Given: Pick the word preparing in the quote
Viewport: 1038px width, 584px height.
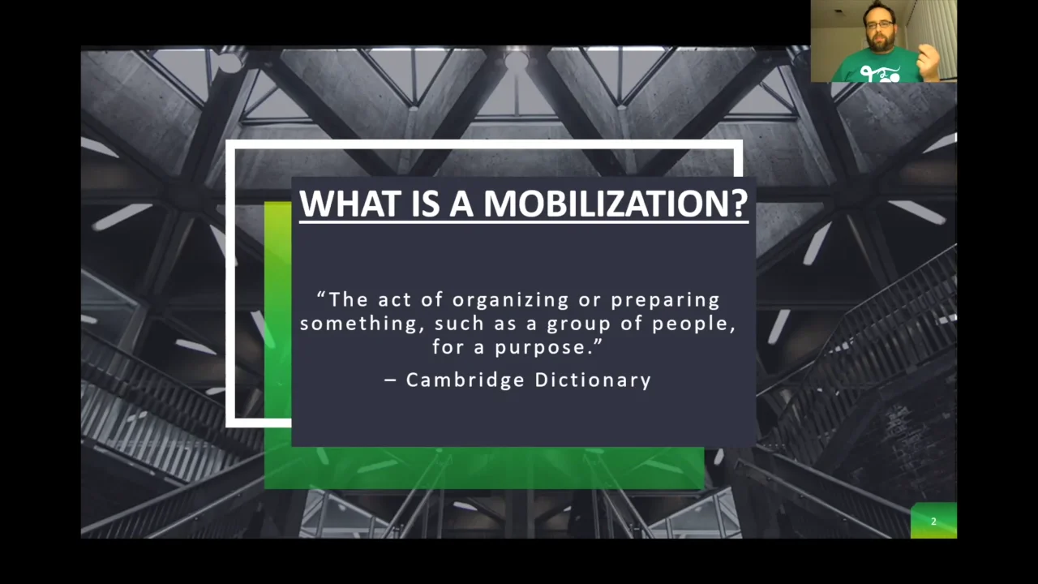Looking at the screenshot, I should pyautogui.click(x=665, y=300).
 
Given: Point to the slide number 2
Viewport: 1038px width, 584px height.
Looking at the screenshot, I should pyautogui.click(x=933, y=522).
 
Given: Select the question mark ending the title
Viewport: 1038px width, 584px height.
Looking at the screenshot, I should pyautogui.click(x=739, y=203).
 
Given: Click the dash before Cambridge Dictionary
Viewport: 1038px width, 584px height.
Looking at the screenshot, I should pyautogui.click(x=391, y=380).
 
